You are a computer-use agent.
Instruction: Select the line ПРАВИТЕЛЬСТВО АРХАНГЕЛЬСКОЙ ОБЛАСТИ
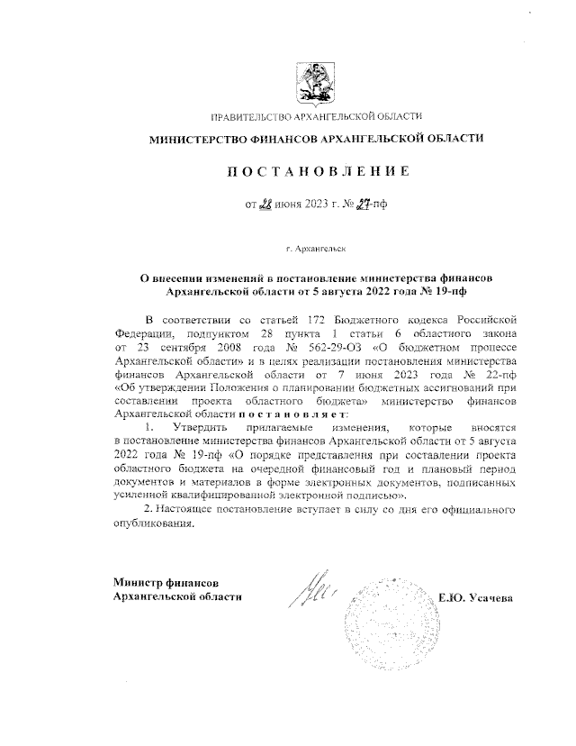click(x=318, y=118)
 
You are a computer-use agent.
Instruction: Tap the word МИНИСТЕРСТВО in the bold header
click(x=196, y=139)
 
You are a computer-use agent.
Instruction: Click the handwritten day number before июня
click(x=265, y=205)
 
